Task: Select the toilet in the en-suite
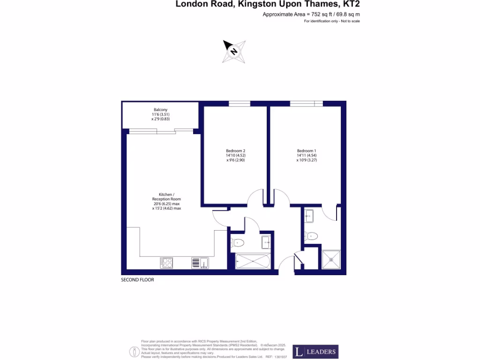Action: (x=312, y=235)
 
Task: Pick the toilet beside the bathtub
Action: (x=238, y=242)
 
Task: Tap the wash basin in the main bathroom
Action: (x=266, y=242)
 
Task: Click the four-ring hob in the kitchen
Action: (x=166, y=263)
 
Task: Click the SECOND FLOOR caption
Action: (x=137, y=280)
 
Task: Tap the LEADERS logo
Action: (x=315, y=352)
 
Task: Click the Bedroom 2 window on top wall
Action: (x=239, y=104)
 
